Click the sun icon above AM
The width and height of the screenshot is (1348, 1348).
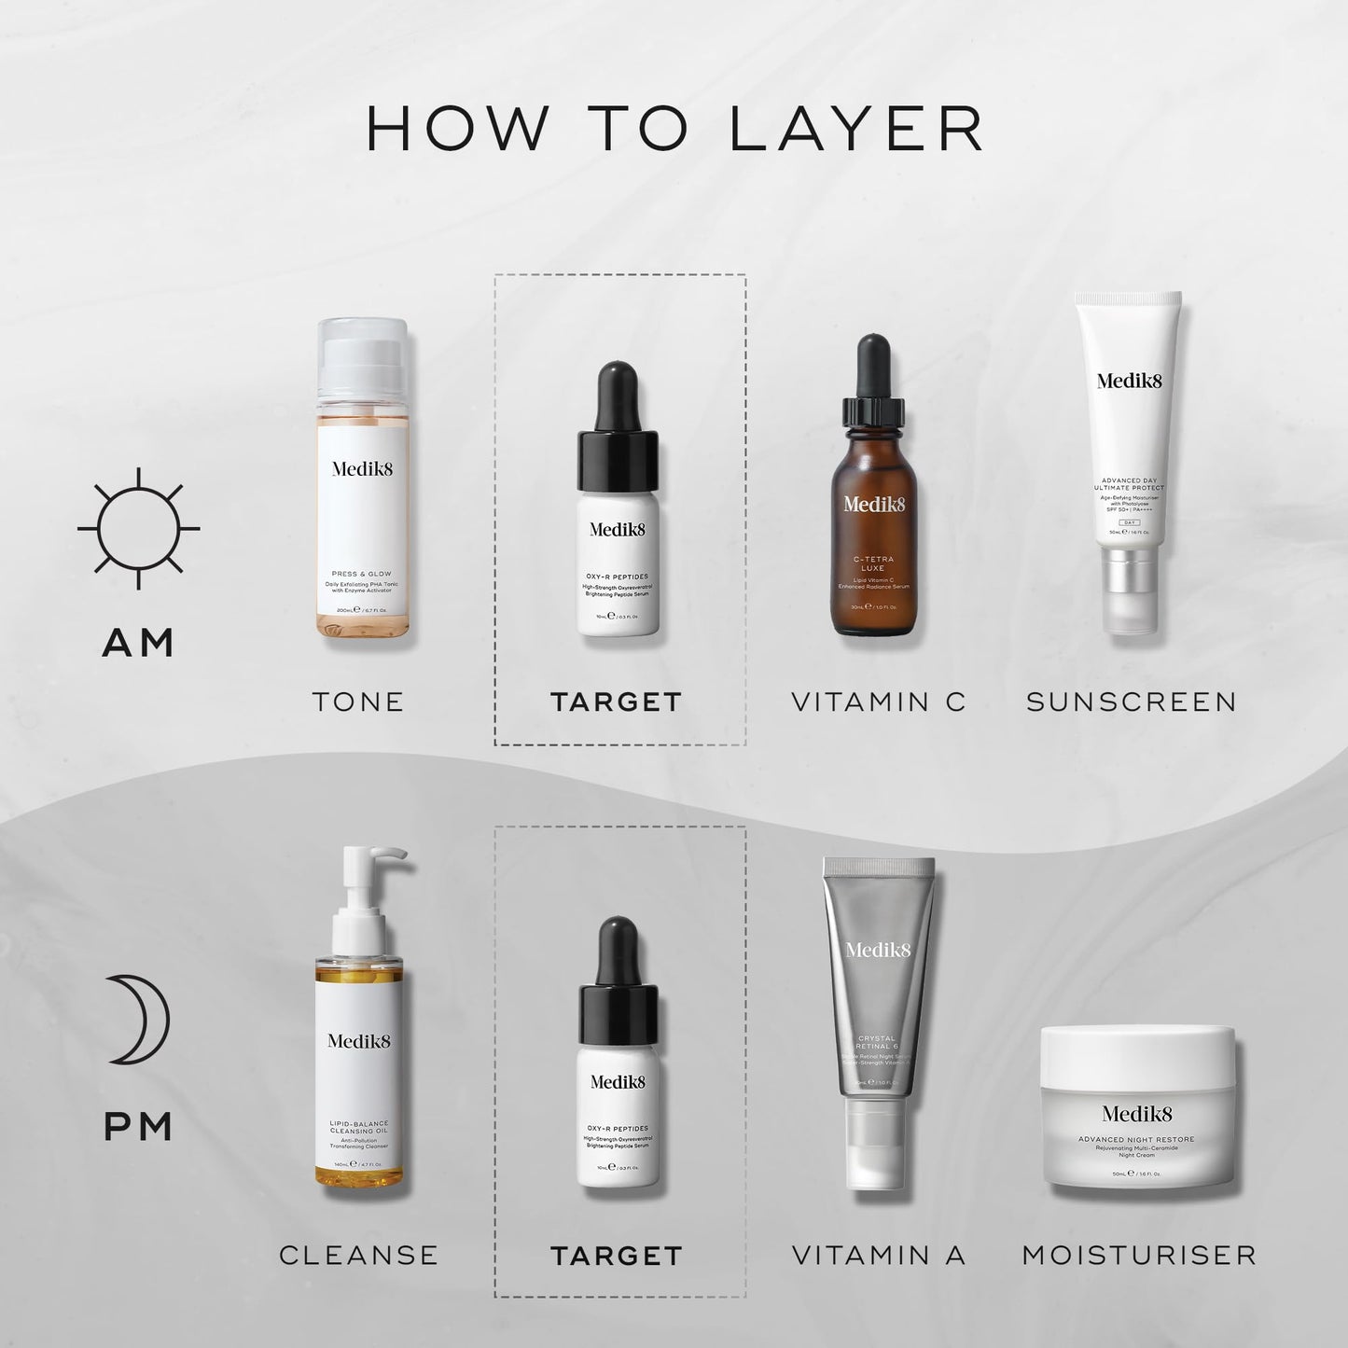coord(138,528)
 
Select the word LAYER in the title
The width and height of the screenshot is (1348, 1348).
coord(856,129)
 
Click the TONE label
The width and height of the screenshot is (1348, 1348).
coord(358,702)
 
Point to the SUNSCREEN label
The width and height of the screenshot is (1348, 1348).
coord(1131,702)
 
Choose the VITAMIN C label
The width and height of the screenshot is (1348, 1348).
coord(878,702)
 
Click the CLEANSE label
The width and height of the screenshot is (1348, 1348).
coord(358,1255)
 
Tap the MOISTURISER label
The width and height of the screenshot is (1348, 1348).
coord(1138,1255)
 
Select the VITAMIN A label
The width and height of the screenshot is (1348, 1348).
coord(878,1255)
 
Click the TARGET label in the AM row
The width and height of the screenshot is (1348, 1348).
coord(617,702)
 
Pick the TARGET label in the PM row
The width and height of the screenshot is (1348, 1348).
coord(617,1256)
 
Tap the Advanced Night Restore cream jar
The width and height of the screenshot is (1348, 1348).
coord(1137,1110)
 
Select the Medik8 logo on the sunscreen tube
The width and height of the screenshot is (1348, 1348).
coord(1129,380)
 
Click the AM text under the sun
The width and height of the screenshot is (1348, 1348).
coord(138,642)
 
